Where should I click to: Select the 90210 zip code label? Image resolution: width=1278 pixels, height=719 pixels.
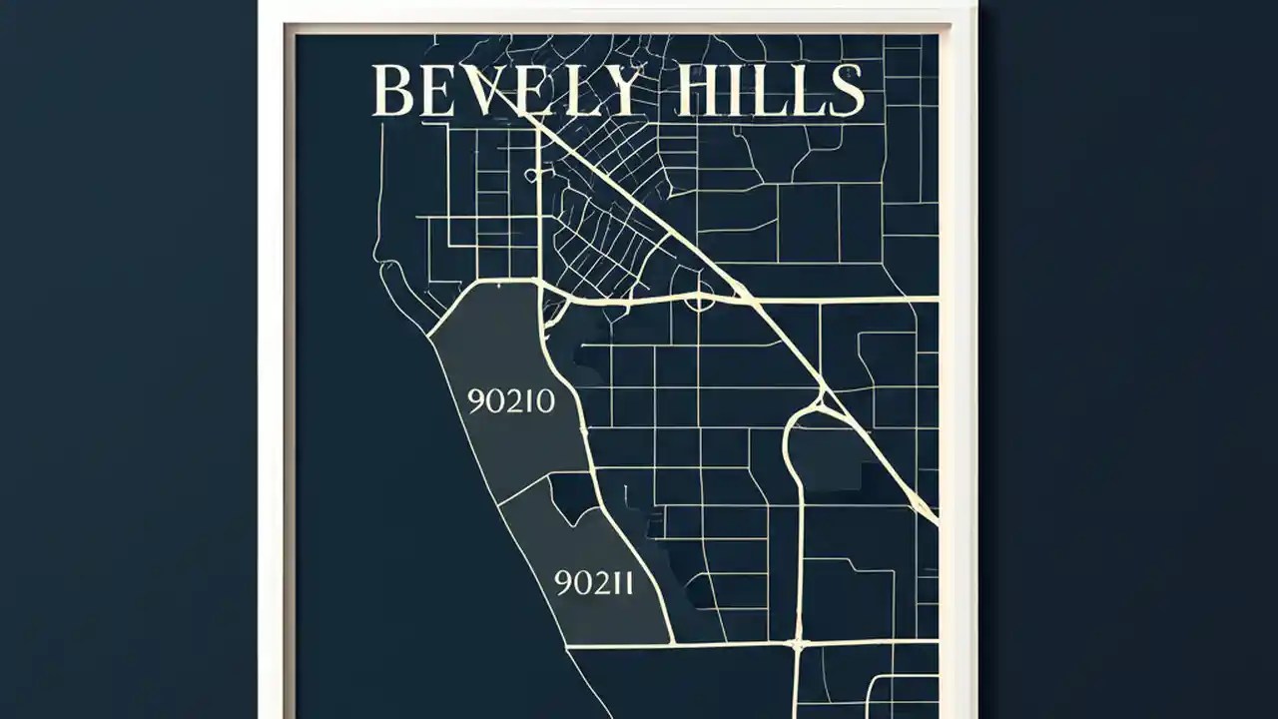pyautogui.click(x=510, y=401)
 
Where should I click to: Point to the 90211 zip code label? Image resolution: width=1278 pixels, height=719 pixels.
pyautogui.click(x=593, y=582)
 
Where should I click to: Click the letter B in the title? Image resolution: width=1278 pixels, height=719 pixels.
pyautogui.click(x=391, y=91)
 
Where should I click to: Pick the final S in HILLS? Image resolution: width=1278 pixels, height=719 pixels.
pyautogui.click(x=846, y=91)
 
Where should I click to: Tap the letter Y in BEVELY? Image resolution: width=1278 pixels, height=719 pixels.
pyautogui.click(x=622, y=91)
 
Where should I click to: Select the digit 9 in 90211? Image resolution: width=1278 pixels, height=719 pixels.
pyautogui.click(x=563, y=582)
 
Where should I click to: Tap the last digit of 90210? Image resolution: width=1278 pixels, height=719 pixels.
pyautogui.click(x=544, y=401)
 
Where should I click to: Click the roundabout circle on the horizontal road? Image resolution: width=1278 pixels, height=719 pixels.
pyautogui.click(x=698, y=297)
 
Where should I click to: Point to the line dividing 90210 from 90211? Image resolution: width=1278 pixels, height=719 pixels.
pyautogui.click(x=539, y=488)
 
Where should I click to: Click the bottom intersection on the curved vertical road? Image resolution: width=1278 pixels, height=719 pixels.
pyautogui.click(x=797, y=644)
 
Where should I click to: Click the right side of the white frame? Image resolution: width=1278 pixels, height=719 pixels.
pyautogui.click(x=958, y=399)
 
